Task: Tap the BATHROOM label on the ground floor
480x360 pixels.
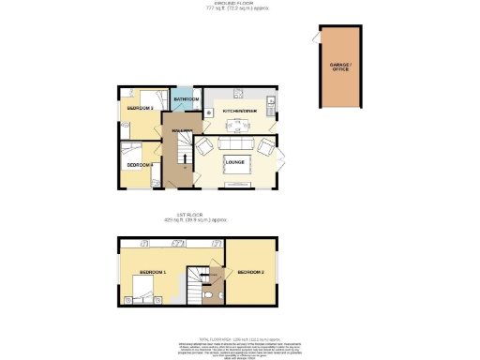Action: point(186,98)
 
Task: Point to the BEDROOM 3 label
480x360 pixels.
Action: point(140,109)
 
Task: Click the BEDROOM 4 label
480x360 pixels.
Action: point(140,165)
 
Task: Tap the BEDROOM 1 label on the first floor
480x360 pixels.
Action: point(152,272)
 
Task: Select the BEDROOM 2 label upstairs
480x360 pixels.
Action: point(250,272)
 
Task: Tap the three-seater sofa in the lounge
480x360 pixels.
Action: point(236,187)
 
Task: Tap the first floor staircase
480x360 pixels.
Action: point(198,278)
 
